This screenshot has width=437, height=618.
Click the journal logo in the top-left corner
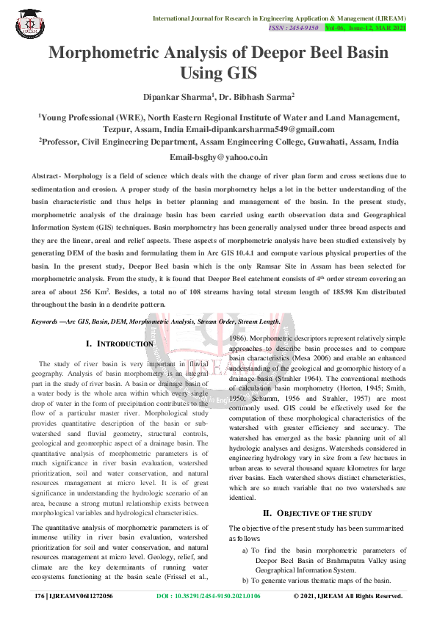29,23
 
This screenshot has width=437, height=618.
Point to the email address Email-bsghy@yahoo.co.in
219,157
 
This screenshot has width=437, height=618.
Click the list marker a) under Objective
245,550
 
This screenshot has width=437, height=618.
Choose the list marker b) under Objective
245,580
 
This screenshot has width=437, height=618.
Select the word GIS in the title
246,73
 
